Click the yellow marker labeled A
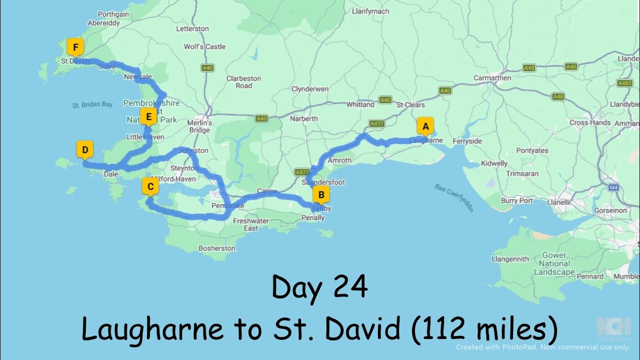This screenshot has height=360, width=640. coord(425,127)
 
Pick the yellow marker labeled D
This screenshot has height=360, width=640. coord(85,150)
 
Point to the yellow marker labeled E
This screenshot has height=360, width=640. coord(148,117)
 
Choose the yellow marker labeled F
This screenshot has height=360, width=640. coord(75,48)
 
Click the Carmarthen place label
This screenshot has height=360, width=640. coord(492,77)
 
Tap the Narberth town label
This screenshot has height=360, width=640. coord(303,118)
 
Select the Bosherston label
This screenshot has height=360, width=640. coord(216,248)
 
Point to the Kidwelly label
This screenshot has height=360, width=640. coord(494,163)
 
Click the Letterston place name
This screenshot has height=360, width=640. coord(192,29)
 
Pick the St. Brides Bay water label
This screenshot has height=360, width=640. coord(92,105)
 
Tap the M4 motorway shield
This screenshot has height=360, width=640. coord(613,187)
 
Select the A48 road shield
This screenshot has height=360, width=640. coord(558,96)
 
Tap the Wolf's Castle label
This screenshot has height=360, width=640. coord(204,46)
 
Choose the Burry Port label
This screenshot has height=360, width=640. coord(517,200)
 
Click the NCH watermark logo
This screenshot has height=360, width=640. coord(613,326)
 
